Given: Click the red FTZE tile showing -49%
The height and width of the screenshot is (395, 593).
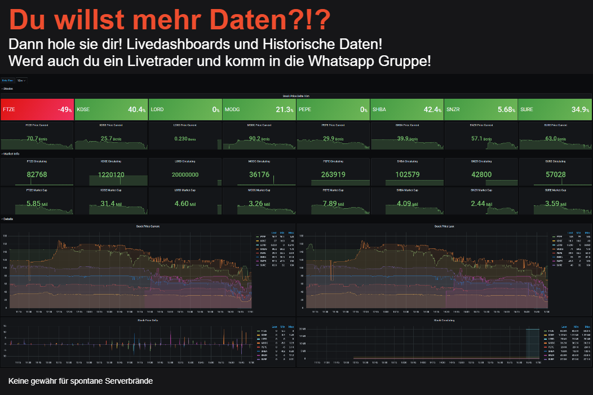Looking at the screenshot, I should pyautogui.click(x=37, y=109).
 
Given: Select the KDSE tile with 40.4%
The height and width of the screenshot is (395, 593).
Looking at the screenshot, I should pyautogui.click(x=111, y=109).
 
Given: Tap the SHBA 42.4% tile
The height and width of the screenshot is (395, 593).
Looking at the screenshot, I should pyautogui.click(x=406, y=109).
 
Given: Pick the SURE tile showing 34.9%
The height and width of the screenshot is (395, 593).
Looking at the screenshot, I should pyautogui.click(x=555, y=109).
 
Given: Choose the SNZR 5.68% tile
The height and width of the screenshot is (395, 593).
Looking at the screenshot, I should pyautogui.click(x=480, y=109).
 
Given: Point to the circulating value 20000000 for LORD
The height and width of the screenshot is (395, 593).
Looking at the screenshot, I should pyautogui.click(x=185, y=175).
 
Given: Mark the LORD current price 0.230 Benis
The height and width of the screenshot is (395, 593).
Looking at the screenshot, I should pyautogui.click(x=185, y=139).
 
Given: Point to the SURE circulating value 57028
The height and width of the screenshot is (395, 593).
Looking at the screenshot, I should pyautogui.click(x=555, y=175).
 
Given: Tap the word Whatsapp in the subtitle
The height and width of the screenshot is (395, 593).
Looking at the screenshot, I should pyautogui.click(x=348, y=61).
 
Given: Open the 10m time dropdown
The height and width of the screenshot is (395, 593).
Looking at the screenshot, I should pyautogui.click(x=21, y=81).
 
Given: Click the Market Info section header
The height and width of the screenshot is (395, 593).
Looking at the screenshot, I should pyautogui.click(x=11, y=153).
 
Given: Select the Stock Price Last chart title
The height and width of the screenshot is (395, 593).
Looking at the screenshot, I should pyautogui.click(x=444, y=226).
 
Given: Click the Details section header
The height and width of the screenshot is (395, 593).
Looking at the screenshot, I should pyautogui.click(x=8, y=218).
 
